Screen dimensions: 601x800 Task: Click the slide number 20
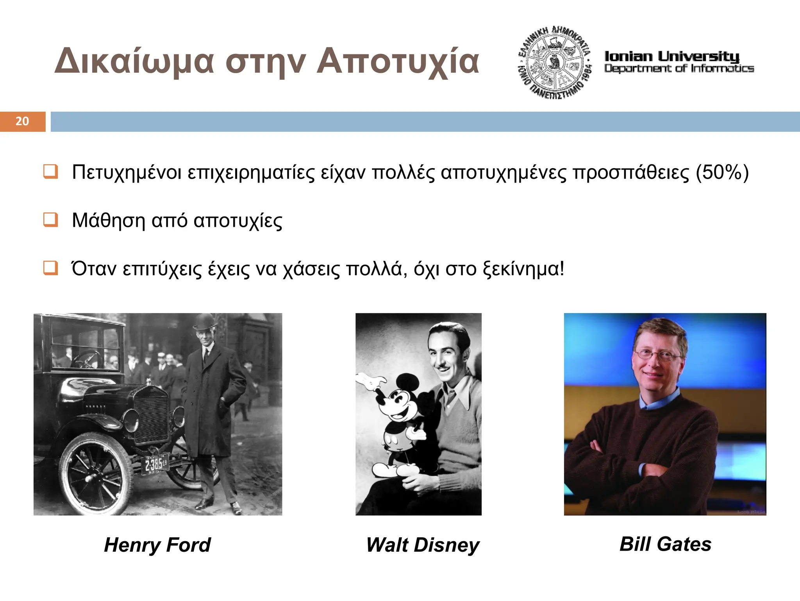pyautogui.click(x=22, y=121)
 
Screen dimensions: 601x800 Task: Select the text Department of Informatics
pyautogui.click(x=679, y=69)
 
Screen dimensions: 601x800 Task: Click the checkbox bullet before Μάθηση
pyautogui.click(x=51, y=220)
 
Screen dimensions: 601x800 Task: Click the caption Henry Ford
pyautogui.click(x=157, y=545)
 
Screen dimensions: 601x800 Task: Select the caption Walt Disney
pyautogui.click(x=422, y=545)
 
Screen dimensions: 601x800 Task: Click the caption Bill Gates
pyautogui.click(x=665, y=544)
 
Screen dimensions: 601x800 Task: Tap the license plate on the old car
pyautogui.click(x=155, y=464)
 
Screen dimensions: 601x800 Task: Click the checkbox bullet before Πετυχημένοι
pyautogui.click(x=51, y=172)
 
